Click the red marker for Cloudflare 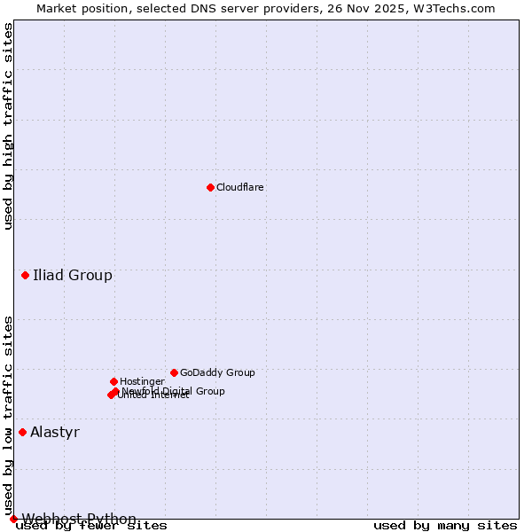point(210,187)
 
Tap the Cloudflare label point(240,187)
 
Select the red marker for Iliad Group point(25,275)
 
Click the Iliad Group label point(73,275)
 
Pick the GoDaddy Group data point point(174,372)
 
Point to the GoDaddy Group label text point(217,372)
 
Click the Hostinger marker point(113,381)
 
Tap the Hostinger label point(142,381)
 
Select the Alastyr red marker point(22,432)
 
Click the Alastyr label point(55,432)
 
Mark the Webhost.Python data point point(13,519)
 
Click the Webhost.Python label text point(79,519)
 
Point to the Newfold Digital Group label point(174,391)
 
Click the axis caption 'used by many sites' point(445,526)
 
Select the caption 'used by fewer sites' point(91,526)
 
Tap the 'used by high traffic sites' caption point(8,126)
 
